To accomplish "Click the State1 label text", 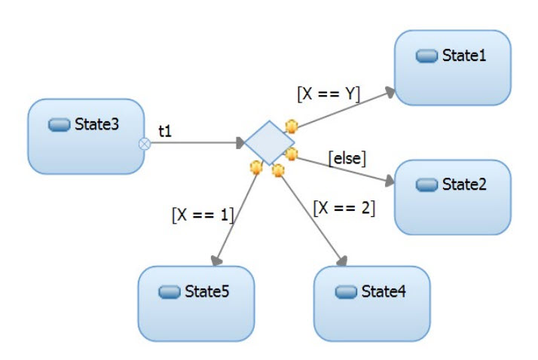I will click(x=464, y=56).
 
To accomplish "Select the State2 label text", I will click(x=464, y=185).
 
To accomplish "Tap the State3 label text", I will click(x=97, y=124).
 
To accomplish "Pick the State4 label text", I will click(x=384, y=291).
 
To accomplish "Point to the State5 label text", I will click(x=207, y=291).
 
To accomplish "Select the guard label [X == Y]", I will click(x=329, y=94).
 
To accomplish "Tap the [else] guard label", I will click(x=347, y=158).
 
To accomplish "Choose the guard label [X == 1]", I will click(x=203, y=214).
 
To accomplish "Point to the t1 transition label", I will click(x=165, y=130).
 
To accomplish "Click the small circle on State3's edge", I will click(x=145, y=143).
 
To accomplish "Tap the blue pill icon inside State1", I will click(x=427, y=56).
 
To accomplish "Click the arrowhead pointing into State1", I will click(x=390, y=91).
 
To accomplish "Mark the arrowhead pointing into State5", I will click(x=217, y=260).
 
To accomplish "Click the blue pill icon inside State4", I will click(x=346, y=292).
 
